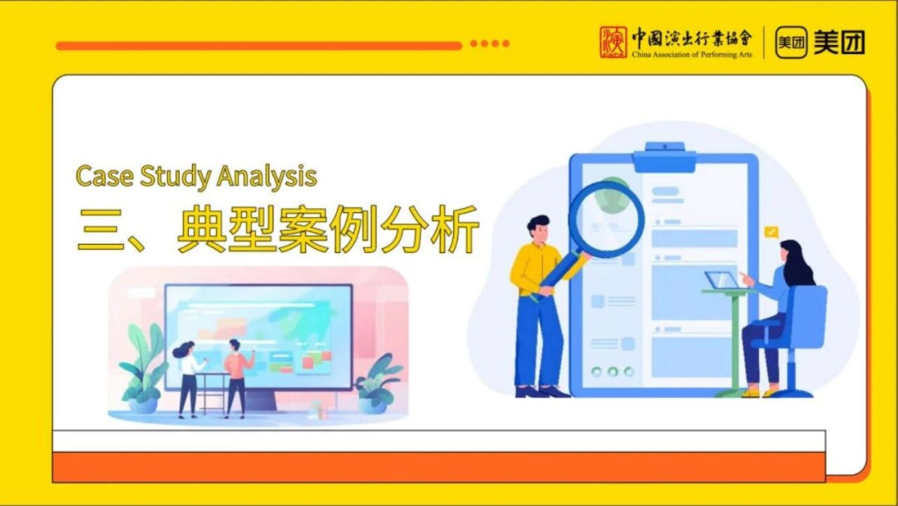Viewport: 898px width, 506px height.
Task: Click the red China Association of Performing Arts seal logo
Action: (x=614, y=42)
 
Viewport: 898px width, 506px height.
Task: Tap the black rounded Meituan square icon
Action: (x=791, y=42)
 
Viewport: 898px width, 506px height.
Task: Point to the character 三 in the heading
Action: (x=101, y=230)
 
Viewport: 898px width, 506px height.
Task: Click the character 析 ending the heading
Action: (x=454, y=230)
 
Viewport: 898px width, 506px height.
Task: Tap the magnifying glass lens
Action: (x=606, y=219)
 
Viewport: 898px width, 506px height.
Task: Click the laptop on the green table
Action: (x=722, y=280)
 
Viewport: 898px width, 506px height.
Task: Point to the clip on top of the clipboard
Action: (x=664, y=156)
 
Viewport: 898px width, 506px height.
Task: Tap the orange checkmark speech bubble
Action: (x=772, y=232)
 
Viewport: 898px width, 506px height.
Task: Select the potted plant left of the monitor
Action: (x=143, y=371)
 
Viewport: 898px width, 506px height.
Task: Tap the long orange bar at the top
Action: (x=258, y=46)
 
